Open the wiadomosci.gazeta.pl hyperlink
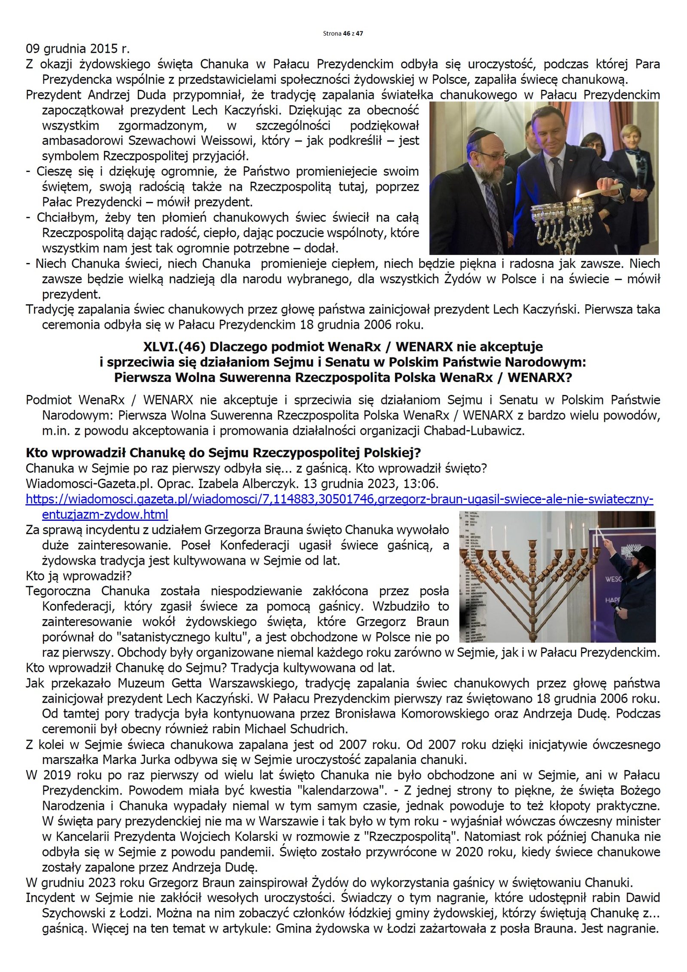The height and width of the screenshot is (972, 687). pos(339,499)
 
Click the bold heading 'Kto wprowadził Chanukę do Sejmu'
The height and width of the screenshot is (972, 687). pos(223,452)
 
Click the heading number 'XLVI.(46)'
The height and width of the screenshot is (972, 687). pos(173,346)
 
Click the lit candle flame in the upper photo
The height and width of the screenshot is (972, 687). pos(578,194)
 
